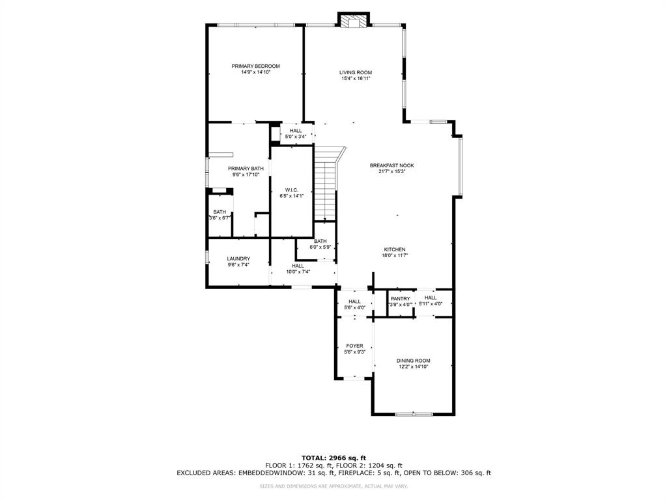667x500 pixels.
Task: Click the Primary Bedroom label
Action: coord(255,66)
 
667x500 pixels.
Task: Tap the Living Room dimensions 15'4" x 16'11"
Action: coord(356,79)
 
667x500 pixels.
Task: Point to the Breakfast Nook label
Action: coord(391,165)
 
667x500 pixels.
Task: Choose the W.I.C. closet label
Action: coord(291,189)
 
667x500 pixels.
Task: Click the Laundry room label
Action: coord(238,258)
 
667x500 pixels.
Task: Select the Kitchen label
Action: coord(394,249)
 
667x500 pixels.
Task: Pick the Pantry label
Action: coord(401,298)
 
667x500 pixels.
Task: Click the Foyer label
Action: coord(354,346)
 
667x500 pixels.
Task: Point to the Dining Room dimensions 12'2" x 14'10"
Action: coord(414,367)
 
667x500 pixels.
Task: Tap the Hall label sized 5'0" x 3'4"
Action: coord(296,131)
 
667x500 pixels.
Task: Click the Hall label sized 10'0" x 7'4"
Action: coord(298,266)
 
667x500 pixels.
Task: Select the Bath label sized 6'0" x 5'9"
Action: coord(320,241)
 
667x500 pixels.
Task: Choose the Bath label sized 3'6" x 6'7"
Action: coord(220,212)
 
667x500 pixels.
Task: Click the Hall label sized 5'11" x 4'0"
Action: coord(431,298)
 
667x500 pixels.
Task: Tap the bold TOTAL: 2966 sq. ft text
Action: coord(333,457)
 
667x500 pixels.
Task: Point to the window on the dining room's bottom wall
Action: coord(414,413)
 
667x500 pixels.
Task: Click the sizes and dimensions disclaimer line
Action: coord(333,486)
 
